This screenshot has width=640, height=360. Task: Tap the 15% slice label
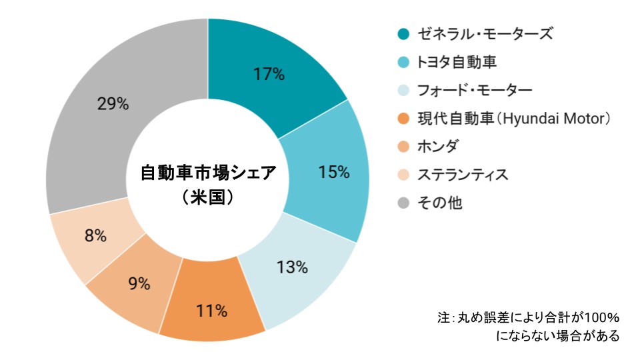(334, 172)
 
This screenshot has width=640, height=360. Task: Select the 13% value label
(292, 267)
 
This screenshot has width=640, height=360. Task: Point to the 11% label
(212, 310)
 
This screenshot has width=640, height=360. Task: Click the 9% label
(139, 283)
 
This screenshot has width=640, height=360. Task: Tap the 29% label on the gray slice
(113, 104)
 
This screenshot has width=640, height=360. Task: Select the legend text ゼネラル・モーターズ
(485, 34)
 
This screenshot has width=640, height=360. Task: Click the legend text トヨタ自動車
(457, 62)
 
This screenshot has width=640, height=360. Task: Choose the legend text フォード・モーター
(475, 90)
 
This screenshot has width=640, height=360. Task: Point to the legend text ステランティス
(463, 175)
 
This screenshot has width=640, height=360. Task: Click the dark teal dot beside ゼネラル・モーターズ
(403, 34)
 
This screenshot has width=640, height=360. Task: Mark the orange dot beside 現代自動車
(403, 119)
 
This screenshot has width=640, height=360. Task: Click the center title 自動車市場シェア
(207, 173)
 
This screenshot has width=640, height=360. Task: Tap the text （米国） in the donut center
(207, 197)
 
